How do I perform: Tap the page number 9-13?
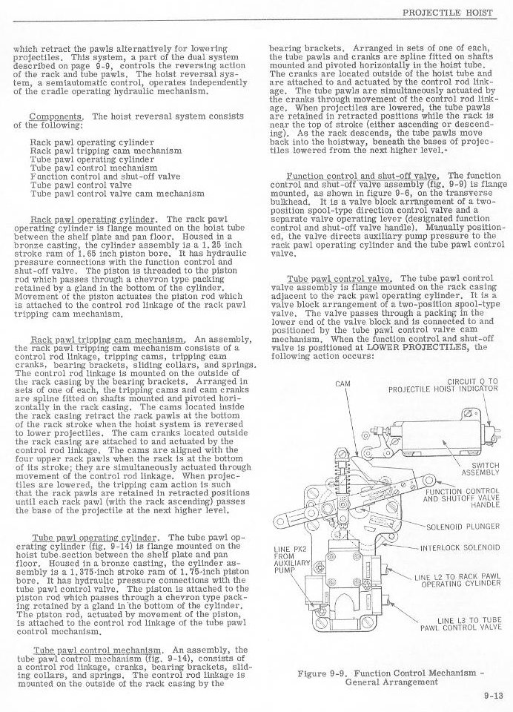coord(492,695)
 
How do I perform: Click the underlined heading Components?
coord(56,116)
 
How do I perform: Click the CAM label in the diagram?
coord(342,384)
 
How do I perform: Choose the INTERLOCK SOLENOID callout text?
coord(460,548)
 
